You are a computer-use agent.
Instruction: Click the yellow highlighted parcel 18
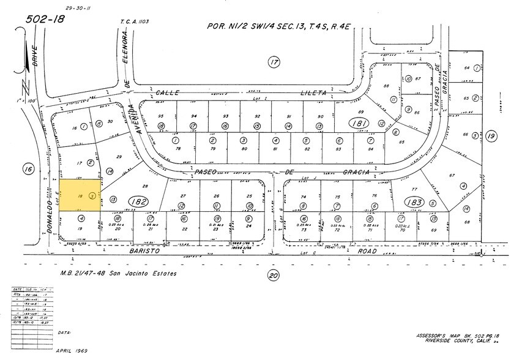80,196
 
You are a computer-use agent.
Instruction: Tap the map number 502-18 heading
45,20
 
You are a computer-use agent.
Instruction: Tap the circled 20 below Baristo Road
273,276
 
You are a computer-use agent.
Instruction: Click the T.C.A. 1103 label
135,22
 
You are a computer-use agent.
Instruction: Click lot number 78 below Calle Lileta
179,149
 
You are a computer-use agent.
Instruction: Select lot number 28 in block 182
146,186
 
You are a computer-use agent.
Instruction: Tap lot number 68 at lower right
468,222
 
